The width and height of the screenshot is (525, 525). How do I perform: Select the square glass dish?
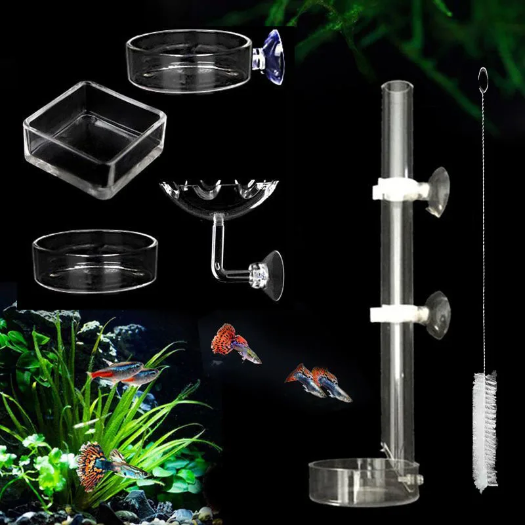point(94,139)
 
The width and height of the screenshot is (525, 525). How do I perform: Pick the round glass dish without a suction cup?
point(94,261)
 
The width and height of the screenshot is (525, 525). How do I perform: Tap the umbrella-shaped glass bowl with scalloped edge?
point(219,192)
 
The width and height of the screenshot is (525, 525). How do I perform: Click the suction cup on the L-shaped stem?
point(271,274)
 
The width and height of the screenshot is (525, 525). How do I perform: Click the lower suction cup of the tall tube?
point(437,315)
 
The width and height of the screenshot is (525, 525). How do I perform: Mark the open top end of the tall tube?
point(397,85)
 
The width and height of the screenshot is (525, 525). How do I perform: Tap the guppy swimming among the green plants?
point(105,463)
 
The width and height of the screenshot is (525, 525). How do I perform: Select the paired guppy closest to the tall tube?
point(332,385)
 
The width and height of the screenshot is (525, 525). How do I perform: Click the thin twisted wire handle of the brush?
point(484,230)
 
